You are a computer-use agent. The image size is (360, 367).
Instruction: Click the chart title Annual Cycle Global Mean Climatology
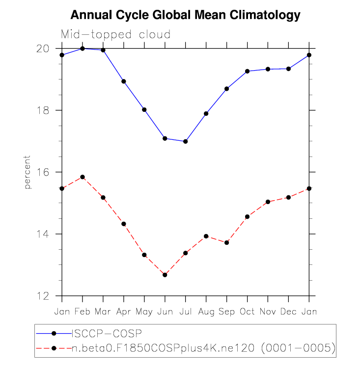185,15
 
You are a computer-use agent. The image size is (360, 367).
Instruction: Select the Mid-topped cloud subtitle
115,34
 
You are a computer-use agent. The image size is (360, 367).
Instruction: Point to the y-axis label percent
28,173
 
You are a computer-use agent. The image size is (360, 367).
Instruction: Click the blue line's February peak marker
83,49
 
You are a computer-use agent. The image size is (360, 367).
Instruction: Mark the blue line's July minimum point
185,141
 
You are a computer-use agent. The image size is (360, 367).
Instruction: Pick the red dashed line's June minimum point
165,275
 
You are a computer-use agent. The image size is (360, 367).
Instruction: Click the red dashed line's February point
83,177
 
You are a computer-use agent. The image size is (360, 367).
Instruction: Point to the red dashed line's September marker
226,242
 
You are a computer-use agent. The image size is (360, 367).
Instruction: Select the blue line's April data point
124,81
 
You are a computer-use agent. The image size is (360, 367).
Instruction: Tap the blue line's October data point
247,71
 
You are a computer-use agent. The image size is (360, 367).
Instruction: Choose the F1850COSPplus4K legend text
203,348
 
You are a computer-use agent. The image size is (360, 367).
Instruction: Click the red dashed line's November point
268,202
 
